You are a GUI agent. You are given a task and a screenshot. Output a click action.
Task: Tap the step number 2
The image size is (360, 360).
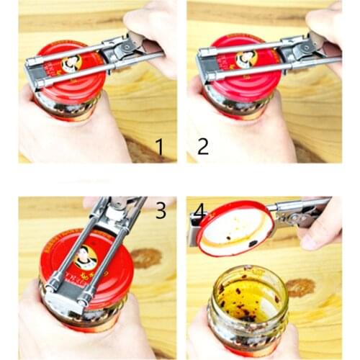click(x=203, y=146)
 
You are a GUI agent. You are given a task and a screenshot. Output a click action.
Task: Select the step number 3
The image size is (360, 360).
click(x=161, y=211)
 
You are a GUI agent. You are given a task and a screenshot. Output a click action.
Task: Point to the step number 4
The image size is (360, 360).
click(x=199, y=211)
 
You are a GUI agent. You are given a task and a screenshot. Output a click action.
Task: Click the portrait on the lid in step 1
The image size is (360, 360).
click(x=72, y=63)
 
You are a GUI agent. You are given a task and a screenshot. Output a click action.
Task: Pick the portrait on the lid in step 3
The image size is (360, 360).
click(x=85, y=257)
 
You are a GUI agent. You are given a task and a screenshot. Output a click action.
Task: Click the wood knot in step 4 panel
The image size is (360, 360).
click(x=300, y=287)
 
